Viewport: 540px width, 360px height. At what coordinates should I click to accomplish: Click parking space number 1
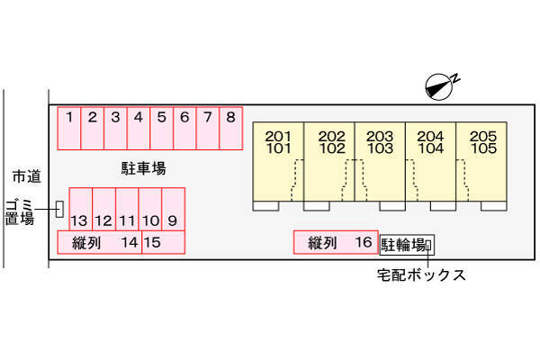(x=69, y=128)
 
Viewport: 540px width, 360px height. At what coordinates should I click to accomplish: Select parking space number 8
(x=231, y=128)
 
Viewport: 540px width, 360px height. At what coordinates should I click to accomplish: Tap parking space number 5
(x=161, y=128)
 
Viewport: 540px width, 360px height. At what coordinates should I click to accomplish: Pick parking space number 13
(x=81, y=209)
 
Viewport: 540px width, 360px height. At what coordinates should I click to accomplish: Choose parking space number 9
(x=173, y=209)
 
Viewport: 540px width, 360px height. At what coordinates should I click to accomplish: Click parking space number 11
(x=127, y=209)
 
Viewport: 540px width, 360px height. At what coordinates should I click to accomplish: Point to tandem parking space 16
(x=336, y=242)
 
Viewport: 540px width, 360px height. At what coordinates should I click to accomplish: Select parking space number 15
(x=163, y=242)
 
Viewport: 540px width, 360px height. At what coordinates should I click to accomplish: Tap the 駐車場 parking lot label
(x=144, y=168)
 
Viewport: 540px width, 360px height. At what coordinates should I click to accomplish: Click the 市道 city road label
(x=26, y=176)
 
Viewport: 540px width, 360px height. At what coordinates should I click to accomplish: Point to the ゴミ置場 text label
(x=20, y=212)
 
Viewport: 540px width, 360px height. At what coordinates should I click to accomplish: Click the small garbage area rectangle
(x=59, y=209)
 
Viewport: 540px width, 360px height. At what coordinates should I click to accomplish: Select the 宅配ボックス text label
(x=421, y=274)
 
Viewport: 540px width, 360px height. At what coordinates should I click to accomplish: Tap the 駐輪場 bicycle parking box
(x=407, y=245)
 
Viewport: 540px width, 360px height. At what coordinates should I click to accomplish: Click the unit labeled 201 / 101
(x=278, y=161)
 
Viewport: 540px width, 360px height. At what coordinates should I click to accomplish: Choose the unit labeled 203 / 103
(x=380, y=161)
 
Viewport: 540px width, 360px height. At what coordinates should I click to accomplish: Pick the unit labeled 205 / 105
(x=481, y=161)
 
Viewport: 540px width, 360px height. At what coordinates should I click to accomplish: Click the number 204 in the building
(x=430, y=137)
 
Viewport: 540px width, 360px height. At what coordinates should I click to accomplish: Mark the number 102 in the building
(x=332, y=148)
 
